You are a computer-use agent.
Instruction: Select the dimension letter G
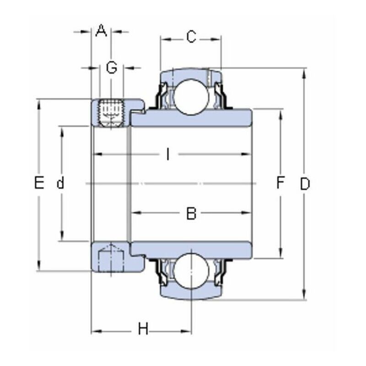[x=112, y=68]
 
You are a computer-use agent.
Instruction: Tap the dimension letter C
[x=191, y=37]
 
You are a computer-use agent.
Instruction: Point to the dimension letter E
[x=39, y=184]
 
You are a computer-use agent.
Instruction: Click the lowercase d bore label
[x=60, y=184]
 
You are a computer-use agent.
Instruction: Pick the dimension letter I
[x=168, y=155]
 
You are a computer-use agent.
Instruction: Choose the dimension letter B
[x=191, y=213]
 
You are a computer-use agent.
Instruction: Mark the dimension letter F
[x=280, y=184]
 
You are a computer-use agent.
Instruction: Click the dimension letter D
[x=305, y=184]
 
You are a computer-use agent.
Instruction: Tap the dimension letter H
[x=143, y=329]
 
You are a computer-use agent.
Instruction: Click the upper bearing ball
[x=191, y=93]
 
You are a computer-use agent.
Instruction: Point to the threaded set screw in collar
[x=112, y=112]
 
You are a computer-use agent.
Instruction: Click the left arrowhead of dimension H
[x=95, y=329]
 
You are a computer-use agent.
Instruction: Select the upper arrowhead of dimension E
[x=39, y=103]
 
